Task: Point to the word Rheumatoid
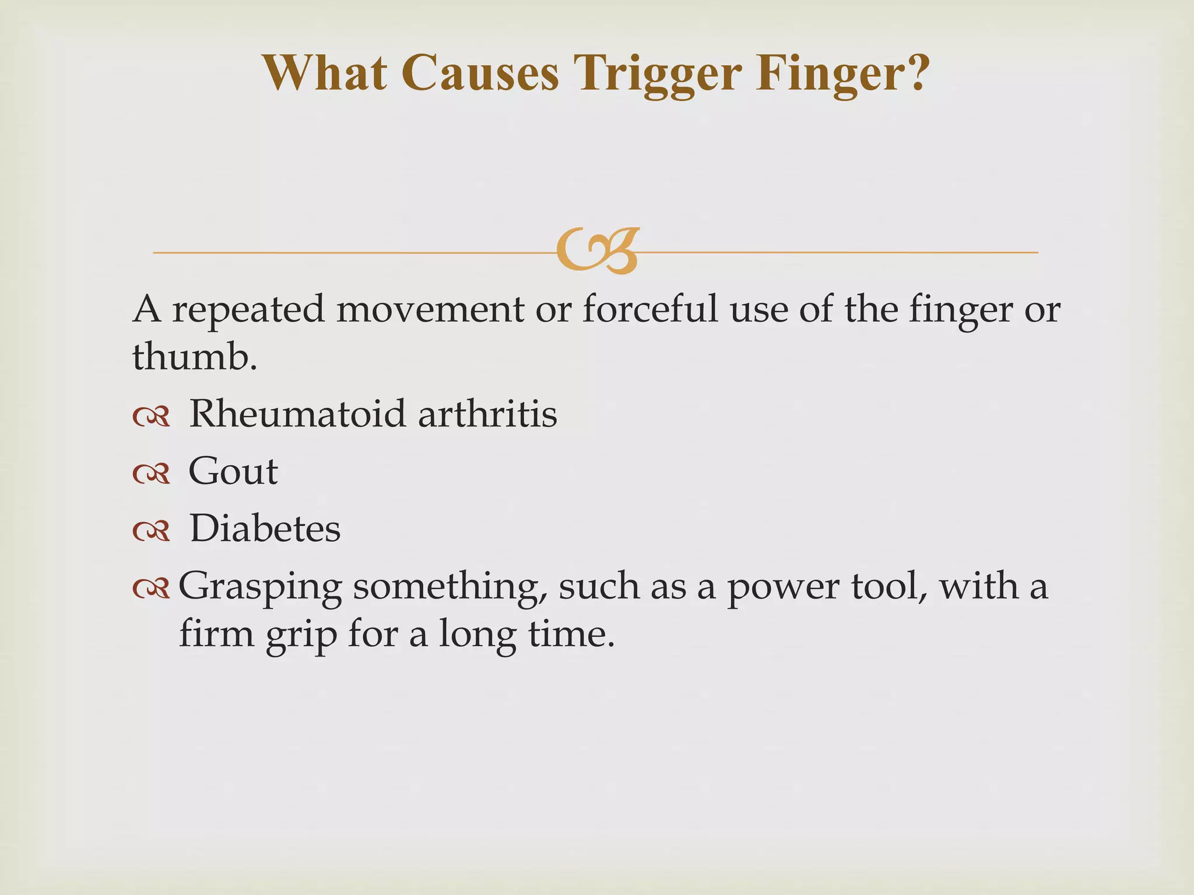(297, 414)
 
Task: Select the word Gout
(233, 471)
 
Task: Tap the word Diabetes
(265, 528)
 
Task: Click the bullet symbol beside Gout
(152, 474)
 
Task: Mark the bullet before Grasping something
(152, 589)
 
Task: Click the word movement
(430, 309)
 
